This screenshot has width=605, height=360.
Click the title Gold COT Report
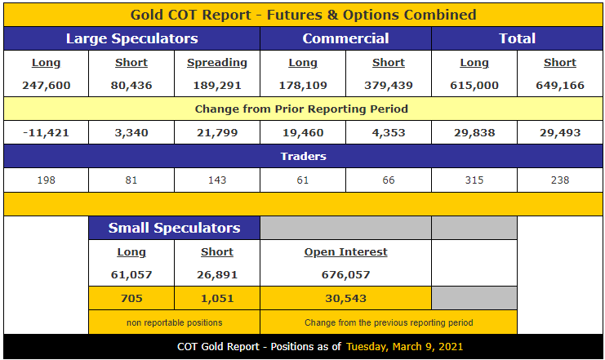(303, 15)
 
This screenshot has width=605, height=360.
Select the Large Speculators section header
(131, 38)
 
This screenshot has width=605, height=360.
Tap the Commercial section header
(345, 38)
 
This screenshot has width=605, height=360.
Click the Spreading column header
(216, 63)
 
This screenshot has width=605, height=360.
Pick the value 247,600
(46, 85)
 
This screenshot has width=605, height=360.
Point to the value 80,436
(131, 85)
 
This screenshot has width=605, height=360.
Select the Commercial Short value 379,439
(388, 85)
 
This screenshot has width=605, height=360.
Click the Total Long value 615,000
(474, 85)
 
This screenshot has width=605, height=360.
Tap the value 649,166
(559, 85)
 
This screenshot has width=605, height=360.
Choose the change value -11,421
(46, 132)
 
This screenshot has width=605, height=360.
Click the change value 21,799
(216, 132)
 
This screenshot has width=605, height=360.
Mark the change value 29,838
(474, 132)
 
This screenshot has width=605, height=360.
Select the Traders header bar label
(303, 156)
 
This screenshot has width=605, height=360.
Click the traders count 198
(46, 180)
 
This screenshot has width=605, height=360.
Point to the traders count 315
(474, 180)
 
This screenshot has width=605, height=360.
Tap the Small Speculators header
(174, 228)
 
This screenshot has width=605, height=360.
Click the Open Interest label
(345, 252)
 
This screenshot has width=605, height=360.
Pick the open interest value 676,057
(345, 275)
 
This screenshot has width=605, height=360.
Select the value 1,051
(216, 298)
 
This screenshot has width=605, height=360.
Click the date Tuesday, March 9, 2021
(404, 346)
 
